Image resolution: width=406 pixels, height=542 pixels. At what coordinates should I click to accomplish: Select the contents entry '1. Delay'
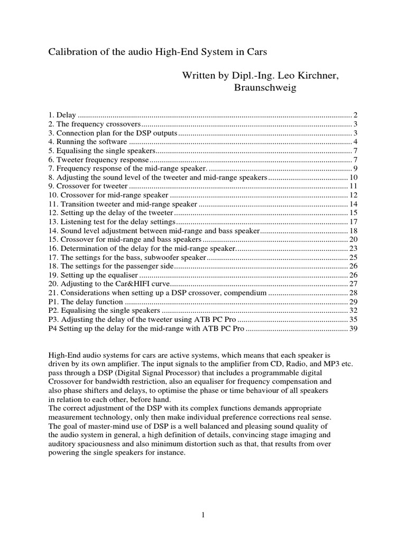pos(62,115)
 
